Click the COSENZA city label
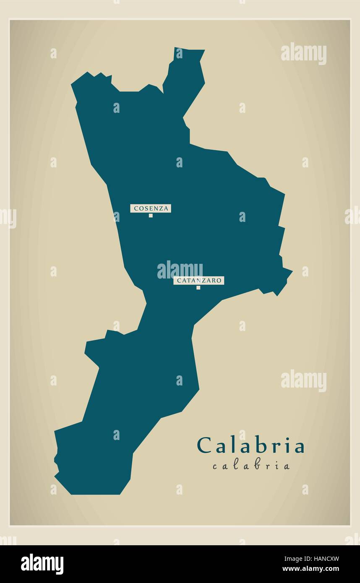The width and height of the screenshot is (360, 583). pyautogui.click(x=151, y=208)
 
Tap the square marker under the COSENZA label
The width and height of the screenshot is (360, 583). pyautogui.click(x=151, y=216)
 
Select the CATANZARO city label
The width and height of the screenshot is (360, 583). pyautogui.click(x=198, y=281)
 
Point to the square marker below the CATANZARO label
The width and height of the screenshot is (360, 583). pyautogui.click(x=198, y=288)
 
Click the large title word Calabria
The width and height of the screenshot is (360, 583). pyautogui.click(x=250, y=446)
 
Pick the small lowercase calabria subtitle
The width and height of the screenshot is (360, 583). pyautogui.click(x=251, y=466)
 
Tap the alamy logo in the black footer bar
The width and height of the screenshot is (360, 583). pyautogui.click(x=42, y=564)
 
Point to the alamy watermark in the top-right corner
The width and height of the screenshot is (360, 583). pyautogui.click(x=303, y=54)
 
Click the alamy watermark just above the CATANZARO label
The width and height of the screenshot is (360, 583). pyautogui.click(x=180, y=270)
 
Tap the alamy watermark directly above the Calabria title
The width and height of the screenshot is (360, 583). pyautogui.click(x=303, y=381)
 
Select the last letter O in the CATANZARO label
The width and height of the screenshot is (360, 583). pyautogui.click(x=219, y=281)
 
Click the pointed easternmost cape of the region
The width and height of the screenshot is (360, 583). pyautogui.click(x=292, y=271)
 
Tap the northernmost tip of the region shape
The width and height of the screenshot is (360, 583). pyautogui.click(x=175, y=48)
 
